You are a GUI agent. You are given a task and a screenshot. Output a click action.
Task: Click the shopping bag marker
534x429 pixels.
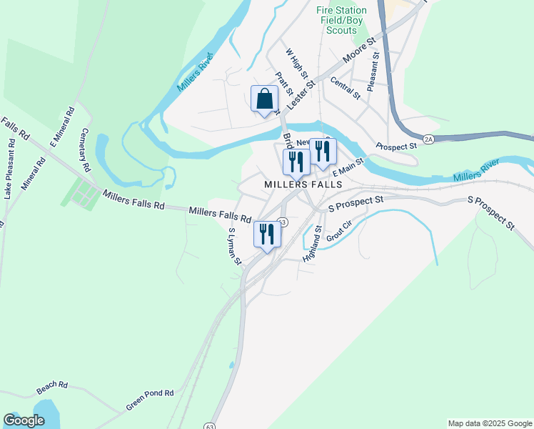pos(264,99)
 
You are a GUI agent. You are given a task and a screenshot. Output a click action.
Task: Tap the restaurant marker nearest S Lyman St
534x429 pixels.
pos(267,235)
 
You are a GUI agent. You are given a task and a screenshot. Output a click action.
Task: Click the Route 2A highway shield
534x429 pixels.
pos(428,139)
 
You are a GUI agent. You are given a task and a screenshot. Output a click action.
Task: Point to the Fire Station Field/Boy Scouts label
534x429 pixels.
pos(341,21)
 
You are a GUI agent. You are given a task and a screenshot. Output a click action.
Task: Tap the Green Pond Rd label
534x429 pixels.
pos(150,399)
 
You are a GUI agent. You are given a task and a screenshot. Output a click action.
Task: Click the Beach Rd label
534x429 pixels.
pos(52,388)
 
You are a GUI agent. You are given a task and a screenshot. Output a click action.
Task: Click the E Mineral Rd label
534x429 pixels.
pos(61,127)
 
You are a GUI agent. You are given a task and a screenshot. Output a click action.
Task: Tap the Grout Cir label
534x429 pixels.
pos(339,231)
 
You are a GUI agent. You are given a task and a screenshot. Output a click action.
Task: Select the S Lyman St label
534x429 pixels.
pos(234,247)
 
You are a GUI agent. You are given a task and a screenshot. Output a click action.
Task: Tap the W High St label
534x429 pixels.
pos(296,64)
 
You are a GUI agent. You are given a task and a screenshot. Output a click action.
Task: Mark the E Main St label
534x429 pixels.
pos(348,168)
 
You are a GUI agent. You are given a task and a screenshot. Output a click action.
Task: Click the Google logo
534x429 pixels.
pos(24,420)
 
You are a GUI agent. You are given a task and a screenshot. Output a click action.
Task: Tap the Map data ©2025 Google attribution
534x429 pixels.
pos(489,423)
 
